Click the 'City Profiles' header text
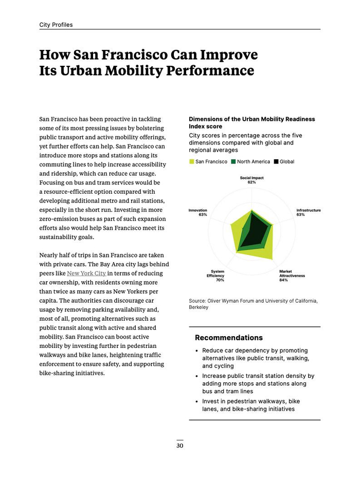pos(56,25)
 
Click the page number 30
pos(179,446)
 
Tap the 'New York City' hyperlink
pos(86,273)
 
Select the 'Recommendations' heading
pos(229,338)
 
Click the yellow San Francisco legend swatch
pos(191,162)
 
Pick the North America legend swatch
pos(233,162)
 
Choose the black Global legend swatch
pos(276,162)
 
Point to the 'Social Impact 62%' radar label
pos(251,180)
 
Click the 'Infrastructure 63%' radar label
pos(308,212)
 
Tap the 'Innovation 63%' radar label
pos(198,212)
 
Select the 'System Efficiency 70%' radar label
pos(217,276)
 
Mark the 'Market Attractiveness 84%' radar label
pos(292,276)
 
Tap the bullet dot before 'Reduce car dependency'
pos(197,351)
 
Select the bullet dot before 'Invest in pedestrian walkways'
pos(197,401)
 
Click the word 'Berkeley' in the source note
pos(199,307)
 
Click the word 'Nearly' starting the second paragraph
pos(49,255)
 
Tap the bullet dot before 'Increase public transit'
pos(197,376)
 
